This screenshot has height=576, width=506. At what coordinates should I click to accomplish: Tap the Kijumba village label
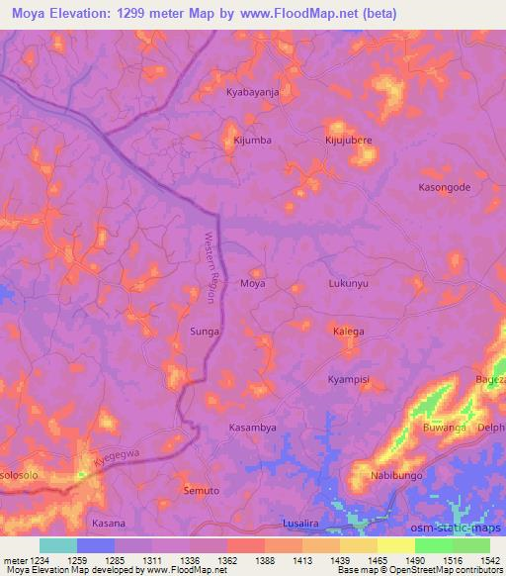point(251,141)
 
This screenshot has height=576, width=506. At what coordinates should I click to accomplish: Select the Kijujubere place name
point(348,141)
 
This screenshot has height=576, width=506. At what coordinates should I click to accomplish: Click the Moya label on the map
point(253,283)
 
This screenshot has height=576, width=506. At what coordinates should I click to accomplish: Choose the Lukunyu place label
point(348,283)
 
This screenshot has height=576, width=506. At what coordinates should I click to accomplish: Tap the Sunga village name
point(204,332)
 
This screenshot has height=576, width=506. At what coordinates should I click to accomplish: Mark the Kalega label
point(348,332)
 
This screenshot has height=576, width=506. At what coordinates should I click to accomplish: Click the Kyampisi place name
point(348,379)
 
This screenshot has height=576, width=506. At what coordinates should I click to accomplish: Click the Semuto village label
point(204,491)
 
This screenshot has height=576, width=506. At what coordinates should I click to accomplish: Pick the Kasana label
point(108,523)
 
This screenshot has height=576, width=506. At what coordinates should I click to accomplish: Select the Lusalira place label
point(300,523)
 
